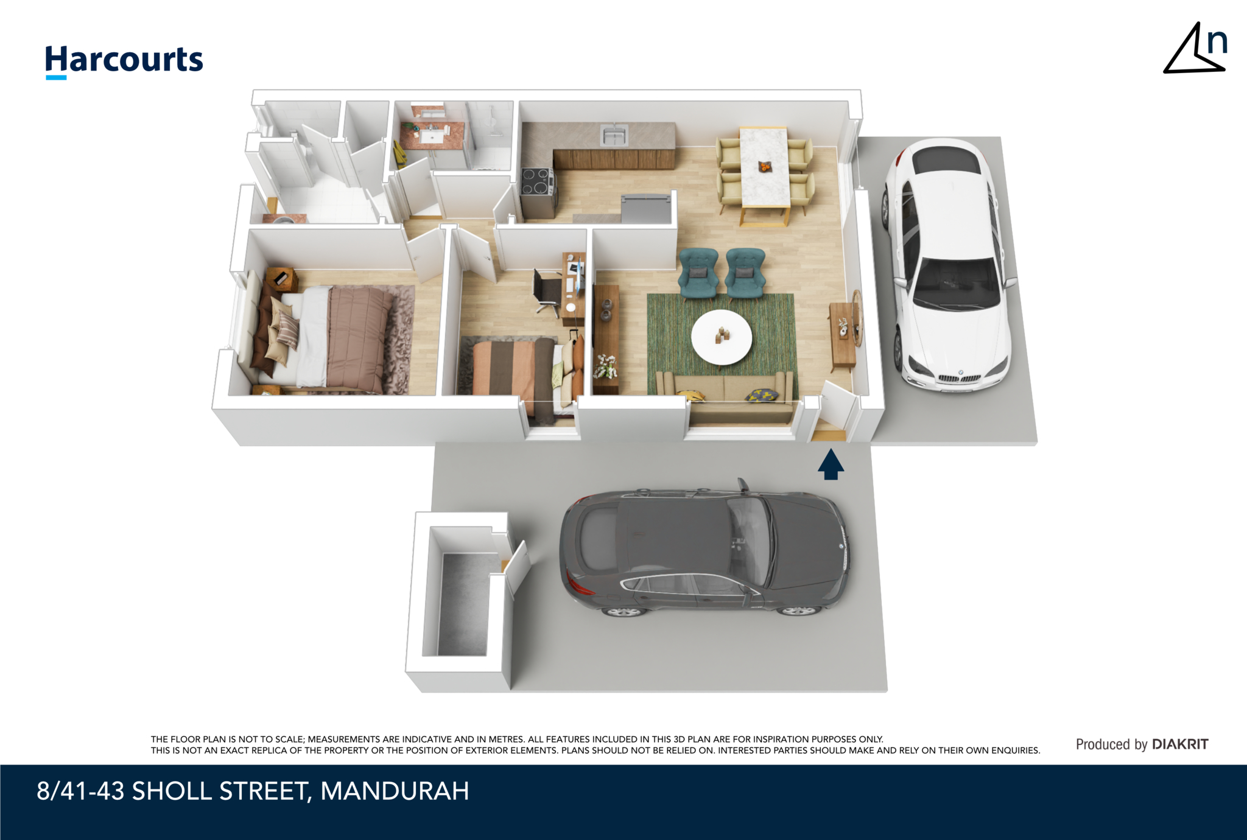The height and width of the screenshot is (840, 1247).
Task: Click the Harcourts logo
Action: pyautogui.click(x=124, y=61)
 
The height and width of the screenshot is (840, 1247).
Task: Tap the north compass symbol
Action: pyautogui.click(x=1195, y=49)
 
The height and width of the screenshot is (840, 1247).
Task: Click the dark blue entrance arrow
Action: pyautogui.click(x=831, y=464)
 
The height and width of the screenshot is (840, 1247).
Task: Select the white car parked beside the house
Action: pyautogui.click(x=949, y=265)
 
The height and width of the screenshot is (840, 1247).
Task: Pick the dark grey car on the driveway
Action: pyautogui.click(x=704, y=551)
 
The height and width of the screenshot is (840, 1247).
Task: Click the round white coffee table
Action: pyautogui.click(x=722, y=337)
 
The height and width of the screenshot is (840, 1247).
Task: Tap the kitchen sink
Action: pyautogui.click(x=613, y=135)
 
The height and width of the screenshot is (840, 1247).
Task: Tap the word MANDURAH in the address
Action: pyautogui.click(x=395, y=791)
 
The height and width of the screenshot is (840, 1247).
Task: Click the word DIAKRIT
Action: pyautogui.click(x=1180, y=744)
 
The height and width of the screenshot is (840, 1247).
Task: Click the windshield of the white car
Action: pyautogui.click(x=957, y=283)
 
